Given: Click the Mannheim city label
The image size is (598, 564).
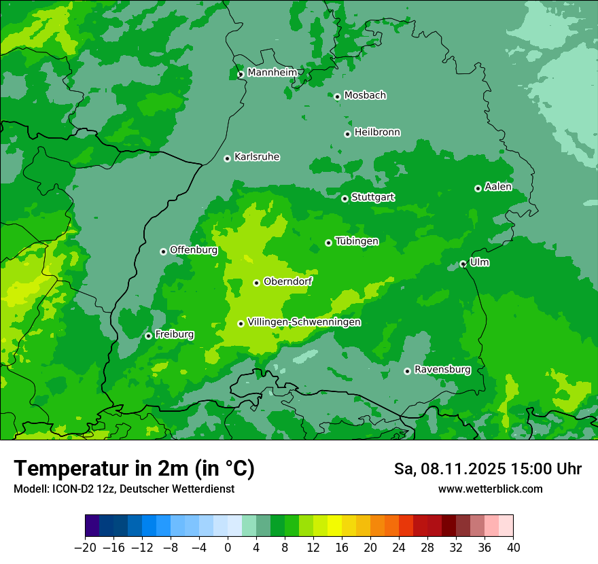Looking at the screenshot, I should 272,72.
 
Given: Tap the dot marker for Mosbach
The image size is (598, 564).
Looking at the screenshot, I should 337,96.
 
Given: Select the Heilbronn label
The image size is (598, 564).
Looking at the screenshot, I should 377,132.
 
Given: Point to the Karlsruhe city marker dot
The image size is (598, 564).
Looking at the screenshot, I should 227,158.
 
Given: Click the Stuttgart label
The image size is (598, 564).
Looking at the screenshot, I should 372,197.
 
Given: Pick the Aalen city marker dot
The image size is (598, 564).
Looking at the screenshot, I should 478,188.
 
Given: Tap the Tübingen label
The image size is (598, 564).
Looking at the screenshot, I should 357,241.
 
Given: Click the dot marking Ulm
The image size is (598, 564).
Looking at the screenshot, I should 463,264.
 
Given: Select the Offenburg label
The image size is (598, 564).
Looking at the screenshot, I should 194,250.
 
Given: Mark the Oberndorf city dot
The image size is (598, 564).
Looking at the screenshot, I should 256,283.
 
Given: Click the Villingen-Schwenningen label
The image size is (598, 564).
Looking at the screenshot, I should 304,322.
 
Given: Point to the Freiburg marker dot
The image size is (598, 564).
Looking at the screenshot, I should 148,336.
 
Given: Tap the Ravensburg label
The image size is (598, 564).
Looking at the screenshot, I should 442,370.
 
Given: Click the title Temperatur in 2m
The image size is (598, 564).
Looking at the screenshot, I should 134,468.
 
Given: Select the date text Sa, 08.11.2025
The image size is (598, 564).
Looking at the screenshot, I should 449,469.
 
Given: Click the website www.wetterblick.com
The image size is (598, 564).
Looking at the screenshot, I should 490,489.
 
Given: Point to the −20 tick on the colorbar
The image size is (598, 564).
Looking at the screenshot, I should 85,547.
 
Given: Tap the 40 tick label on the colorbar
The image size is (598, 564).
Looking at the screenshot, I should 513,548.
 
